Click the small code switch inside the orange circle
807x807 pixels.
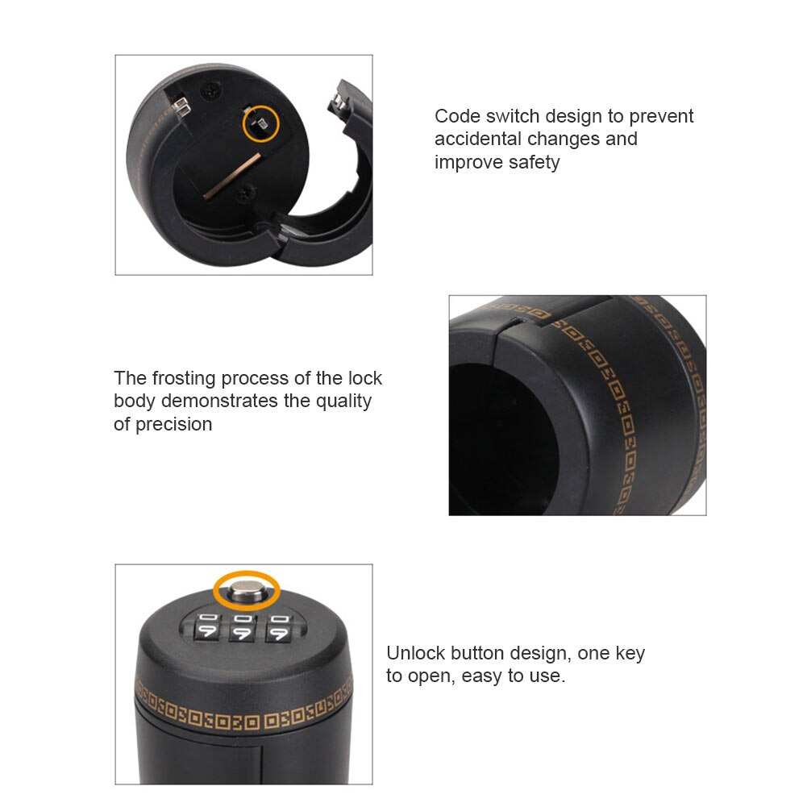point(261,123)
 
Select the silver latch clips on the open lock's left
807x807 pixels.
point(181,106)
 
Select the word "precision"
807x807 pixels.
point(173,424)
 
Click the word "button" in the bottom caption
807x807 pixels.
point(480,653)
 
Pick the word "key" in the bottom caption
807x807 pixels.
point(630,653)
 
